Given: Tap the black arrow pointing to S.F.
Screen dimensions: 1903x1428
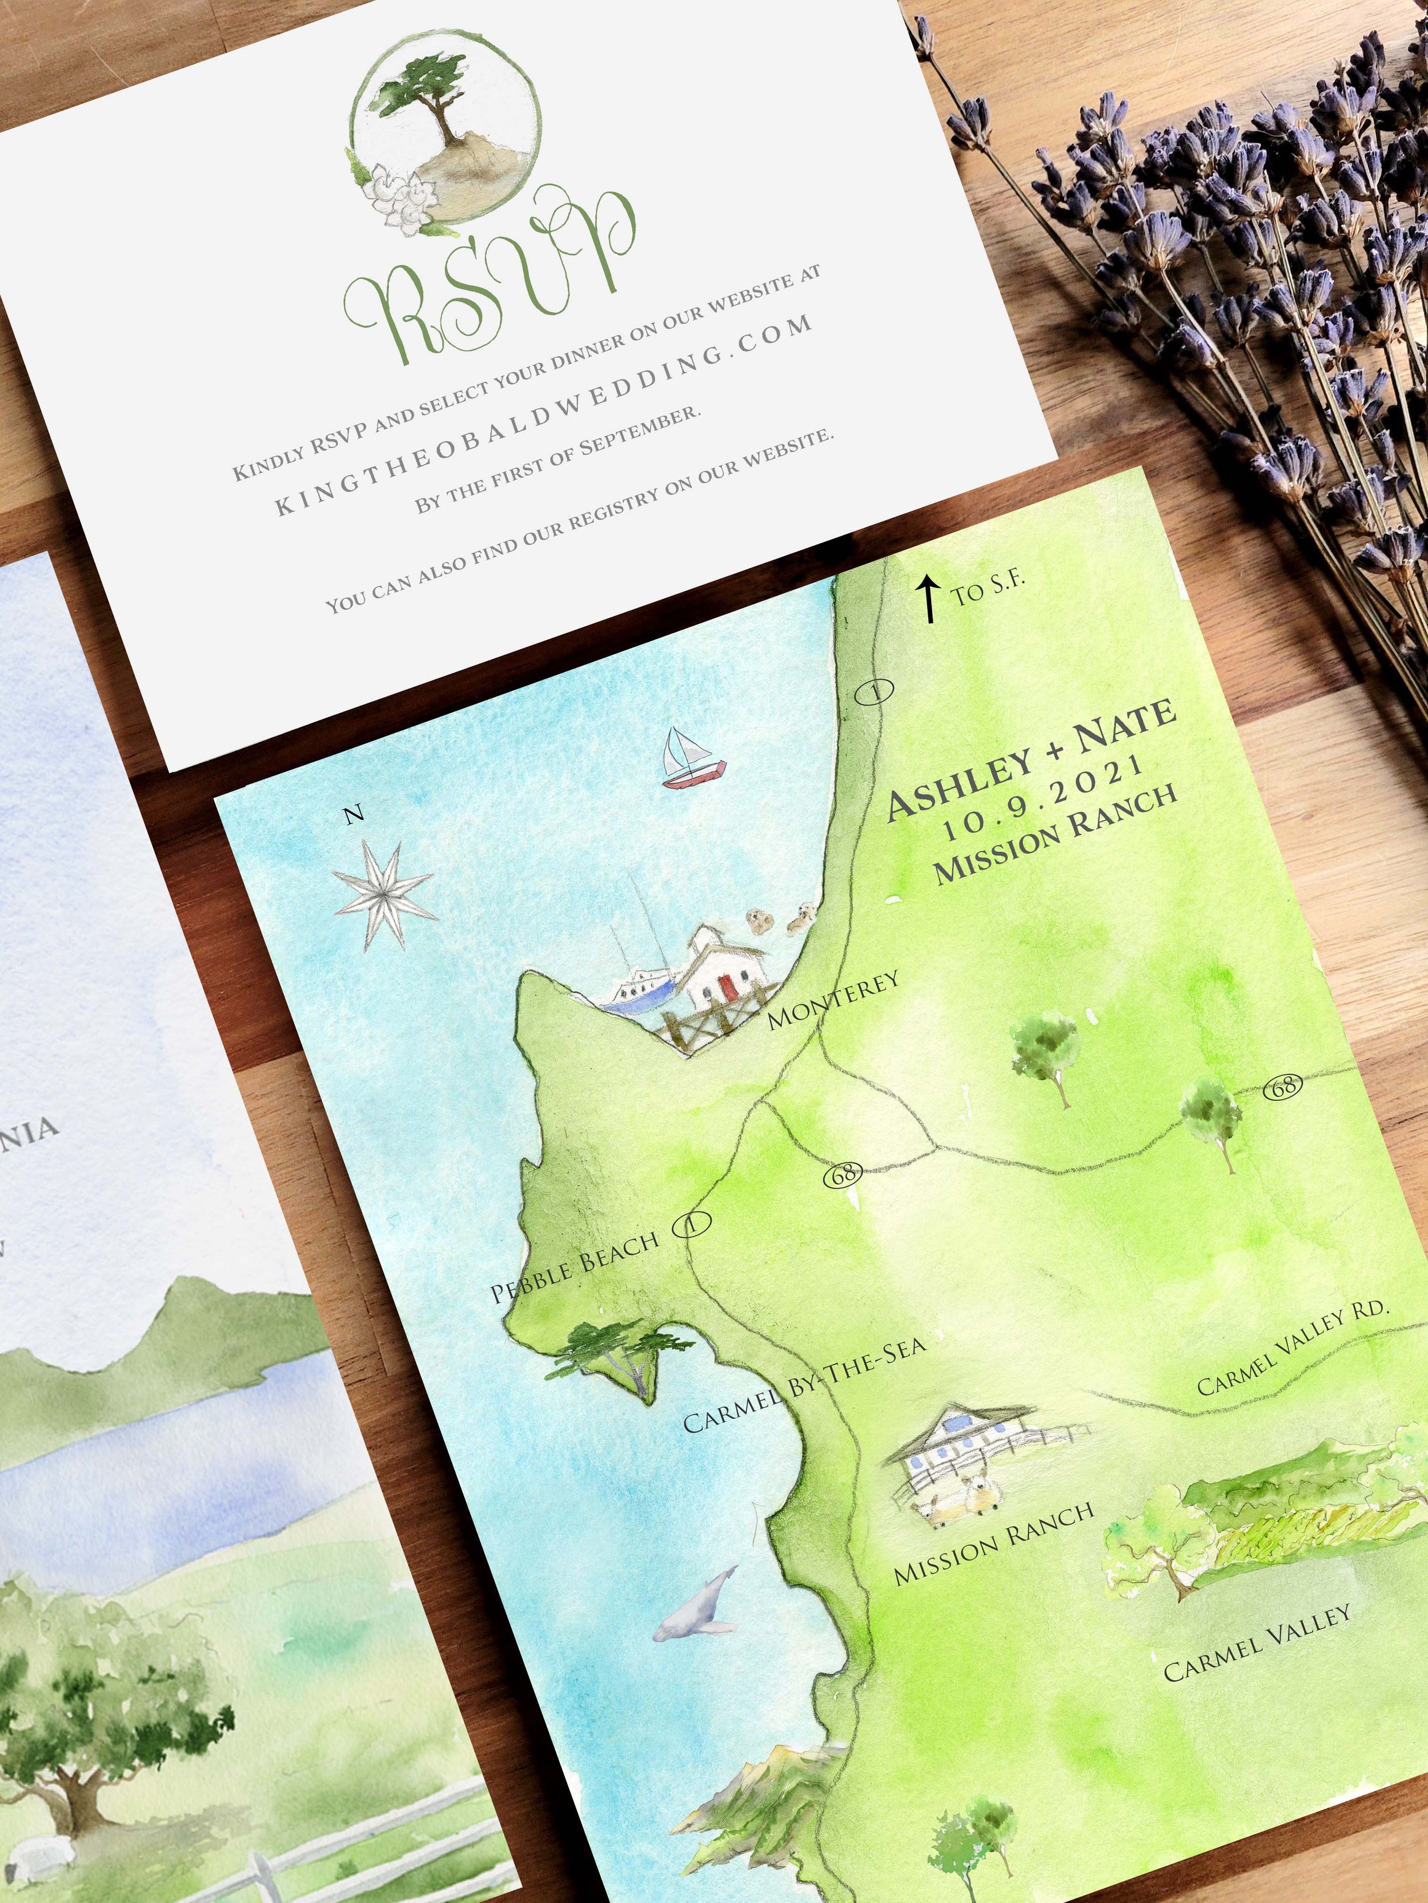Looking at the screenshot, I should click(929, 600).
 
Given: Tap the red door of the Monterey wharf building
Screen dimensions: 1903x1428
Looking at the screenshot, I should click(728, 988).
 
